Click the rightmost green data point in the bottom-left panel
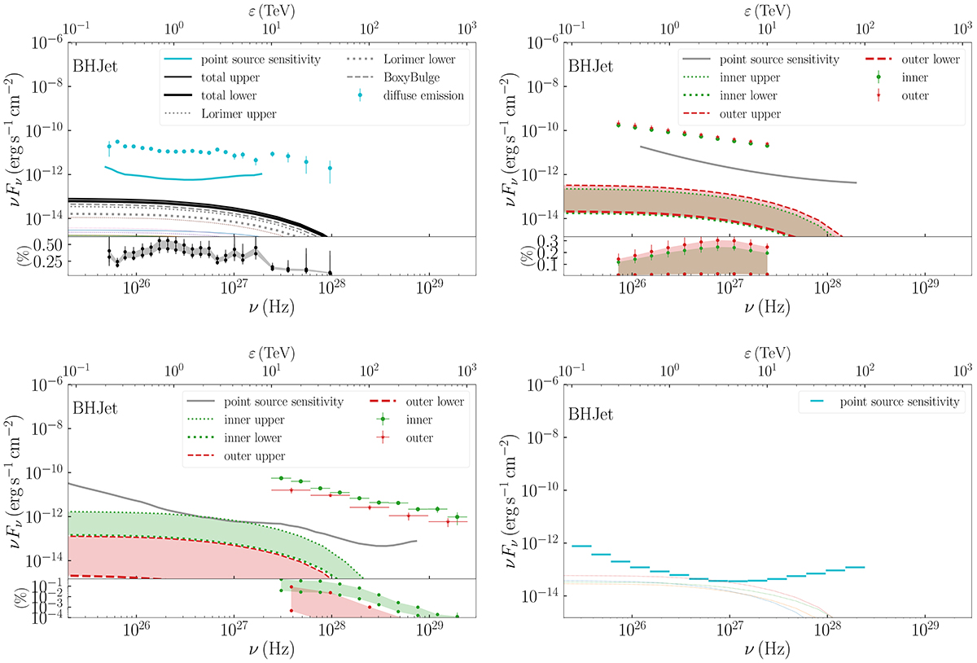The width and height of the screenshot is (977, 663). (458, 516)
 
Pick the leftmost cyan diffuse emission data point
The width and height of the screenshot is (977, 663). (109, 147)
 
